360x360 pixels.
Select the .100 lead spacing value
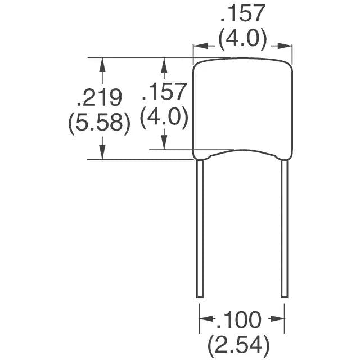(x=239, y=321)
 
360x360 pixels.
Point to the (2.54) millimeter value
(x=239, y=343)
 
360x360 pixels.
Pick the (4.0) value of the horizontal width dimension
(x=242, y=40)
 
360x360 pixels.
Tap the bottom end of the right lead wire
(x=284, y=296)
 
